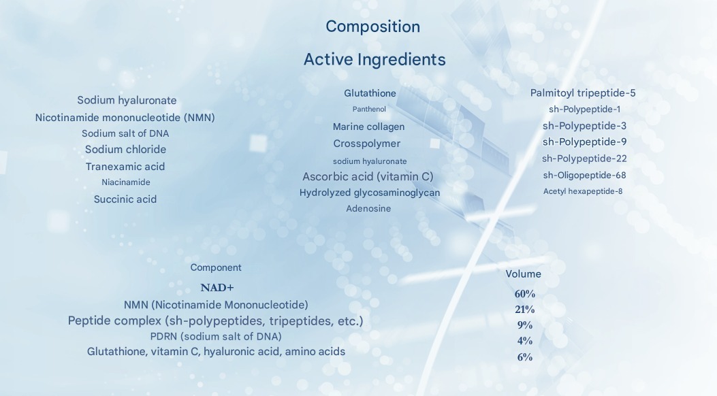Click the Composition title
372,27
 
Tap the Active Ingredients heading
375,59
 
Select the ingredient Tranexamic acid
125,166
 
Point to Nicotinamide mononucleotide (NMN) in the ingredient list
125,118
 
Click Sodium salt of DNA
125,133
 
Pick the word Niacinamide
126,182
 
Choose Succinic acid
125,199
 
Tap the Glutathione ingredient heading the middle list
370,93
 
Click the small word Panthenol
369,109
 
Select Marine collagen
368,127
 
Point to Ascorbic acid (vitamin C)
368,176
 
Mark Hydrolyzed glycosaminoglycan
370,193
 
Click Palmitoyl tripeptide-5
583,93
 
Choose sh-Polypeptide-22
584,159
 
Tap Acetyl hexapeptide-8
583,191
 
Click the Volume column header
523,274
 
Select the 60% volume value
525,294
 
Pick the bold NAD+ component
217,288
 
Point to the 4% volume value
525,341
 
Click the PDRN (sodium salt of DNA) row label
216,337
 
